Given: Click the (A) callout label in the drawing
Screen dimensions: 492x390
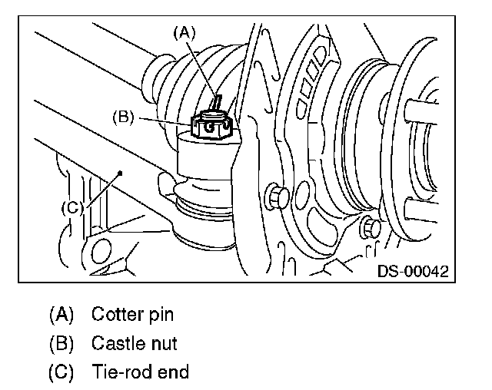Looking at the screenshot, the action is click(184, 33).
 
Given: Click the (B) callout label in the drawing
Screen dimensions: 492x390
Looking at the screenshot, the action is click(123, 117).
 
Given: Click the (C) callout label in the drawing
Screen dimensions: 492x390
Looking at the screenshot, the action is click(72, 208).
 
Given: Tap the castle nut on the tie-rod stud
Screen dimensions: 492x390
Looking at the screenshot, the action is click(211, 125).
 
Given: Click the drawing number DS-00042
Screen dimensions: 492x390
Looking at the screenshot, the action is click(413, 271).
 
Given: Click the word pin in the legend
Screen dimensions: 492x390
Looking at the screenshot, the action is click(161, 315).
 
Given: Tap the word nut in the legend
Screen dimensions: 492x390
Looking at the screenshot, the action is click(165, 344).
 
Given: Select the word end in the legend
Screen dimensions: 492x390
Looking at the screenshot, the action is click(173, 372).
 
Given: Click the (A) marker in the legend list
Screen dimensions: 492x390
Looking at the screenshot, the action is click(61, 315).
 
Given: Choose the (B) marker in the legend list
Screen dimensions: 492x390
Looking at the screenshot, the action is click(61, 343).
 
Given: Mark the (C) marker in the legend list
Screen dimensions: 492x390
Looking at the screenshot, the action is click(61, 372).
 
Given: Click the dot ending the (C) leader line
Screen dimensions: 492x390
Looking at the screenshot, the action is click(120, 173).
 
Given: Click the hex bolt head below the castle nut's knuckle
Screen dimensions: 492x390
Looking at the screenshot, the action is click(278, 196).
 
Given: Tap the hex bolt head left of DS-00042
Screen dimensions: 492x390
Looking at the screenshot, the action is click(371, 227).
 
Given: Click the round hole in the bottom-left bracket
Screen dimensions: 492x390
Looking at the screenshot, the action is click(101, 252).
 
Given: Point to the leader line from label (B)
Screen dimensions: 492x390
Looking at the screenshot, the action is click(165, 121).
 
